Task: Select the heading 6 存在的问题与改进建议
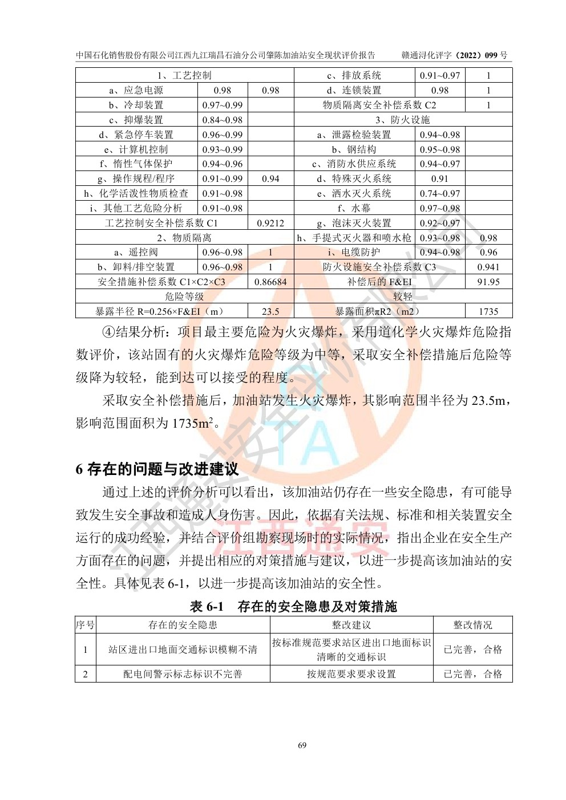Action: [x=157, y=469]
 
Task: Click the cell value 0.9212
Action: [x=270, y=224]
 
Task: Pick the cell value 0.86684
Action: [x=270, y=282]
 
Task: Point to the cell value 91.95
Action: [x=488, y=282]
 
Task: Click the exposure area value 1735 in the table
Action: [x=488, y=311]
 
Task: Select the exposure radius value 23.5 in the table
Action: [x=270, y=311]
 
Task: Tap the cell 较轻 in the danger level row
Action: [x=403, y=297]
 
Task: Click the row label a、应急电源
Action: [x=136, y=90]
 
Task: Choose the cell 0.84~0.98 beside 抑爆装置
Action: [x=223, y=120]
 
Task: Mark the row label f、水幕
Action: [x=354, y=209]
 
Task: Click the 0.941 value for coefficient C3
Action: [x=488, y=267]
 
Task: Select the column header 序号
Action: [x=86, y=625]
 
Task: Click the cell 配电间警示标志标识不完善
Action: [x=183, y=674]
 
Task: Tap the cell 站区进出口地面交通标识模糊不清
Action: [x=183, y=649]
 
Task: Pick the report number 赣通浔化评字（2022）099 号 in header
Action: [x=454, y=55]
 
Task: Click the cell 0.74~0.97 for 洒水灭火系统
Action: [x=440, y=194]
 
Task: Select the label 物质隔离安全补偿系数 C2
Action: [x=379, y=105]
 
